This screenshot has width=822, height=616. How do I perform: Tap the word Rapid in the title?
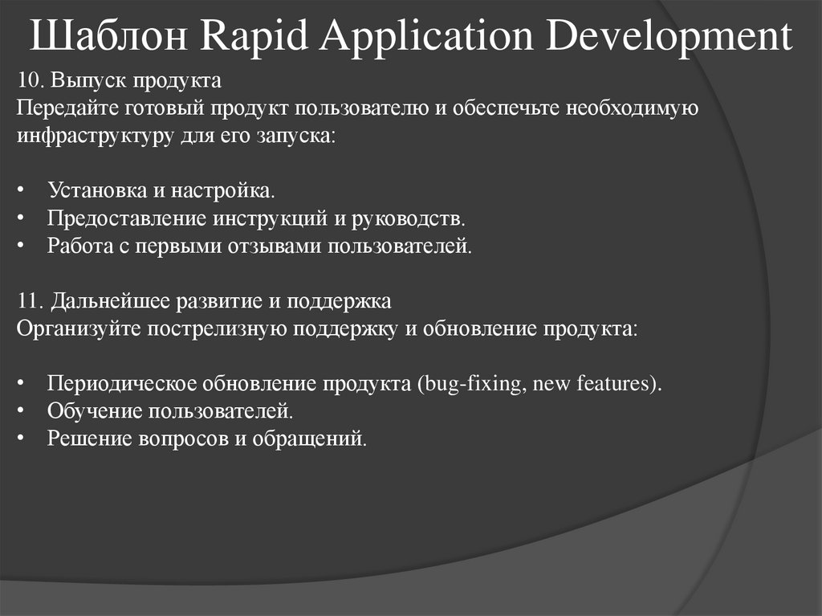[x=252, y=38]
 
